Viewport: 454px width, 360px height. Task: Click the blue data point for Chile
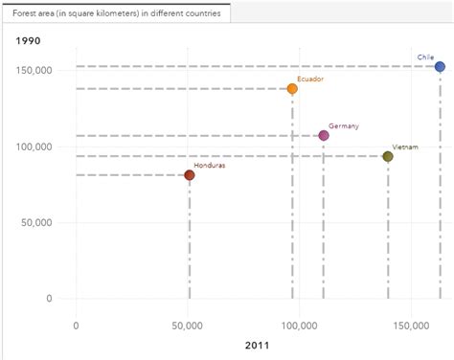click(x=440, y=67)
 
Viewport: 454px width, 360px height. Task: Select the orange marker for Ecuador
click(x=292, y=89)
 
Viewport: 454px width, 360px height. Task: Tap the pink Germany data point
click(x=324, y=136)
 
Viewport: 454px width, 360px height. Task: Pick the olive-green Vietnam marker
click(x=388, y=156)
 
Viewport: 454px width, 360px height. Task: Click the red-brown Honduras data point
click(x=190, y=175)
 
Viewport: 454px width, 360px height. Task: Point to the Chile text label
click(x=425, y=57)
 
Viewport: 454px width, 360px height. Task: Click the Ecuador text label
click(x=310, y=79)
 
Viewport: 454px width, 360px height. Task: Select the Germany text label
click(x=343, y=126)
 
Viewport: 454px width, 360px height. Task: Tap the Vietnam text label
click(x=405, y=146)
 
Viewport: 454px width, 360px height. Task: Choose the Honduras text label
click(x=210, y=165)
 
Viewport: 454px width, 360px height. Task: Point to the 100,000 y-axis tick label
click(x=35, y=146)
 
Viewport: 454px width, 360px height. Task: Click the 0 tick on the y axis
click(x=48, y=298)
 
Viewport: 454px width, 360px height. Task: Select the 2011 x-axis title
click(x=257, y=345)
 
